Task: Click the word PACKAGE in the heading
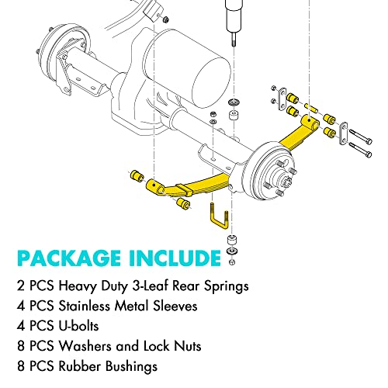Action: pyautogui.click(x=78, y=258)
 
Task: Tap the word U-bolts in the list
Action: pyautogui.click(x=80, y=327)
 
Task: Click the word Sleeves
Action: pyautogui.click(x=175, y=307)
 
